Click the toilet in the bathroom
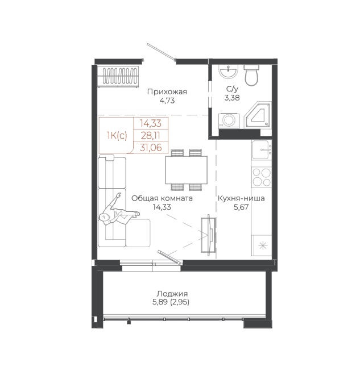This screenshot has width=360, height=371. tap(251, 75)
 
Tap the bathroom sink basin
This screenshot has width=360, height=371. tap(227, 71)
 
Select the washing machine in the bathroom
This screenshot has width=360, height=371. tap(229, 121)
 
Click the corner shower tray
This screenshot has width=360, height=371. tap(258, 115)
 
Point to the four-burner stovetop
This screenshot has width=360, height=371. tap(262, 177)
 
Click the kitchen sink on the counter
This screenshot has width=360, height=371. tap(262, 150)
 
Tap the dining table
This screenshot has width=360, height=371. tap(187, 170)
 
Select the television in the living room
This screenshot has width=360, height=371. tap(209, 235)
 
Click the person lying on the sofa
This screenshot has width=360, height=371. tap(119, 211)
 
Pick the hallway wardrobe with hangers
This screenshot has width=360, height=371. tap(118, 76)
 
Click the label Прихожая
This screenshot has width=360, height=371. tap(167, 91)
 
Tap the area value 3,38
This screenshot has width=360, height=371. tap(232, 98)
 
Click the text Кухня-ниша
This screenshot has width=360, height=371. tap(241, 198)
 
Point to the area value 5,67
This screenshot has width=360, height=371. tap(241, 207)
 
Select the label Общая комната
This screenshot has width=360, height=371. tap(162, 198)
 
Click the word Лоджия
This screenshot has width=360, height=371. tap(172, 294)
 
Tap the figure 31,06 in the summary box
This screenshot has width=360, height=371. tap(151, 147)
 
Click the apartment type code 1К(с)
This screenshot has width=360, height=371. tap(117, 136)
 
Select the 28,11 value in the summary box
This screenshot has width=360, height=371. tap(151, 135)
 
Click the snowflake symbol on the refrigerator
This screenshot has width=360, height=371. tap(263, 246)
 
